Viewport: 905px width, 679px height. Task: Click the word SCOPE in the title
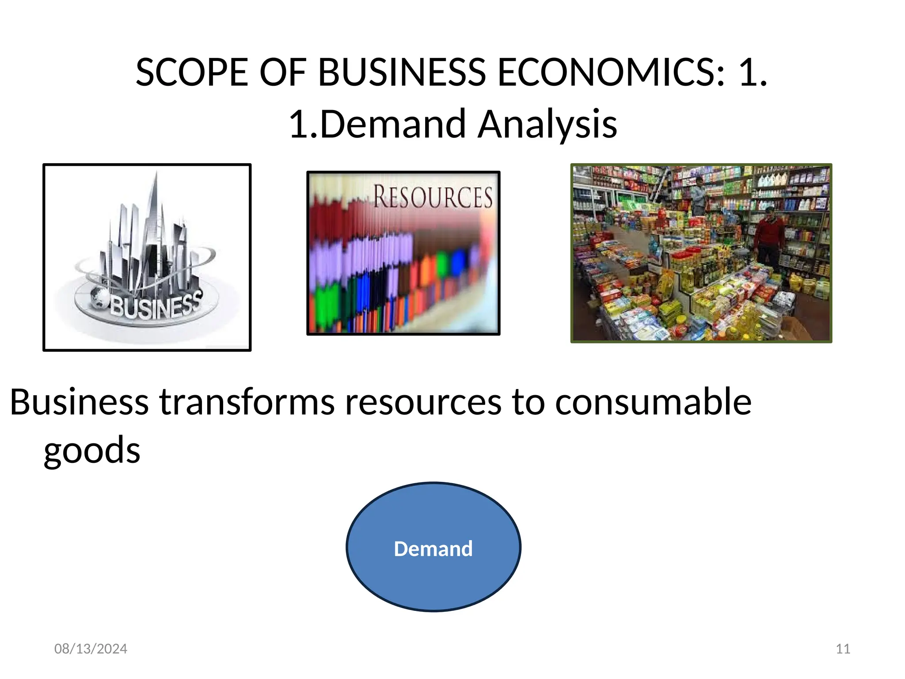(192, 72)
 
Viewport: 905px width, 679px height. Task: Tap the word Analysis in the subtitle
(548, 124)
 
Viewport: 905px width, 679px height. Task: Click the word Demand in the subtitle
(393, 124)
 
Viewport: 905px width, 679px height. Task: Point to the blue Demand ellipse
(433, 547)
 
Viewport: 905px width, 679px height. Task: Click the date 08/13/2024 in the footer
(91, 648)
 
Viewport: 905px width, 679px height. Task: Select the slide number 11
(843, 648)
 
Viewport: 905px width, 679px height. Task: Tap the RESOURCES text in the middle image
(433, 197)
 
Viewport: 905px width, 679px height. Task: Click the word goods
(92, 450)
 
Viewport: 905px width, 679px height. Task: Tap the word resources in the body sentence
(423, 402)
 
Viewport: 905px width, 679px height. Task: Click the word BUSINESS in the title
(402, 72)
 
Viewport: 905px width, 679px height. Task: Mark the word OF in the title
(282, 72)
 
